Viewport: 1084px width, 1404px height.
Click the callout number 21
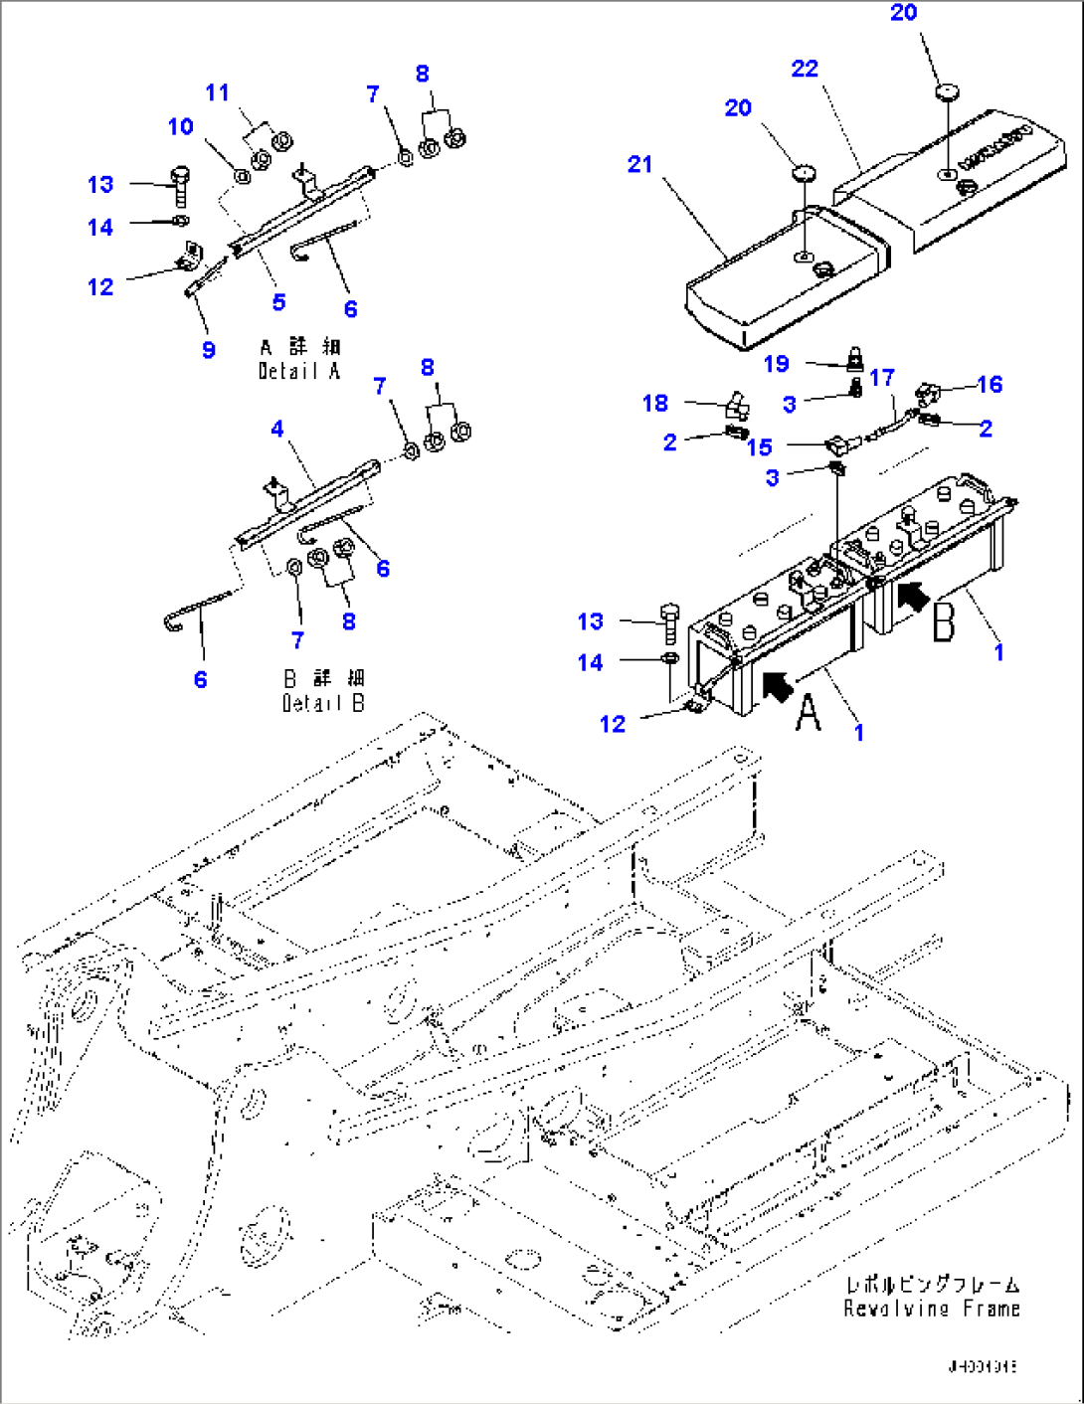coord(639,164)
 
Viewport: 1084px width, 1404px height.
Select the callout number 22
coord(805,69)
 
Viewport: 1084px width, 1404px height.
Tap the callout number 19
coord(776,364)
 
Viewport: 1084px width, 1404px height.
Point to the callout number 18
coord(654,403)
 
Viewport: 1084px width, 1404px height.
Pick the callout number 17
coord(881,378)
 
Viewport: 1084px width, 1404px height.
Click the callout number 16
coord(989,385)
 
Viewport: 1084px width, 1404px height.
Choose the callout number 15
coord(759,447)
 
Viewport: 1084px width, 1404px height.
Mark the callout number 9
coord(208,350)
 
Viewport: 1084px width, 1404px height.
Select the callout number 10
coord(180,127)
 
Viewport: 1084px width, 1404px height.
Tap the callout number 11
coord(217,93)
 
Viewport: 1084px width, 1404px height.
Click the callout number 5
coord(278,302)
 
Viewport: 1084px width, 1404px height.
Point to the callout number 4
coord(276,429)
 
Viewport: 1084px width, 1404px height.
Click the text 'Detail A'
coord(299,371)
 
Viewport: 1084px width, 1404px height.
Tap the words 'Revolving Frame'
coord(932,1309)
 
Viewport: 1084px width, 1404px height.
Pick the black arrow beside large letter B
coord(913,596)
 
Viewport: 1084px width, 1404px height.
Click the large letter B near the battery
coord(943,620)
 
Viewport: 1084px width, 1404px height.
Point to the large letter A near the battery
coord(809,712)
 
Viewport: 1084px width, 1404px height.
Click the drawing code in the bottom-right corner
coord(982,1366)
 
